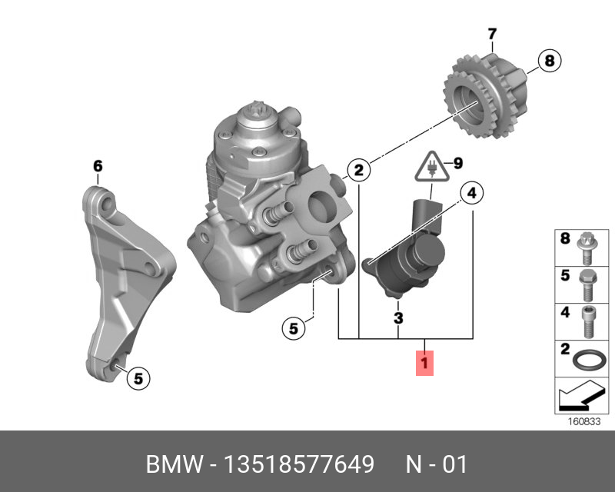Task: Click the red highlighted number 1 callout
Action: coord(425,362)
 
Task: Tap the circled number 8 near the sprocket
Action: coord(548,61)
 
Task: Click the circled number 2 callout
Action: coord(357,169)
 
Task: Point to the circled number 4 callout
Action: coord(471,193)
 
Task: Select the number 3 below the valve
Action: coord(398,317)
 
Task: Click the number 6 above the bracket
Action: coord(98,165)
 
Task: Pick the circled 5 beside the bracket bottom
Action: coord(137,377)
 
